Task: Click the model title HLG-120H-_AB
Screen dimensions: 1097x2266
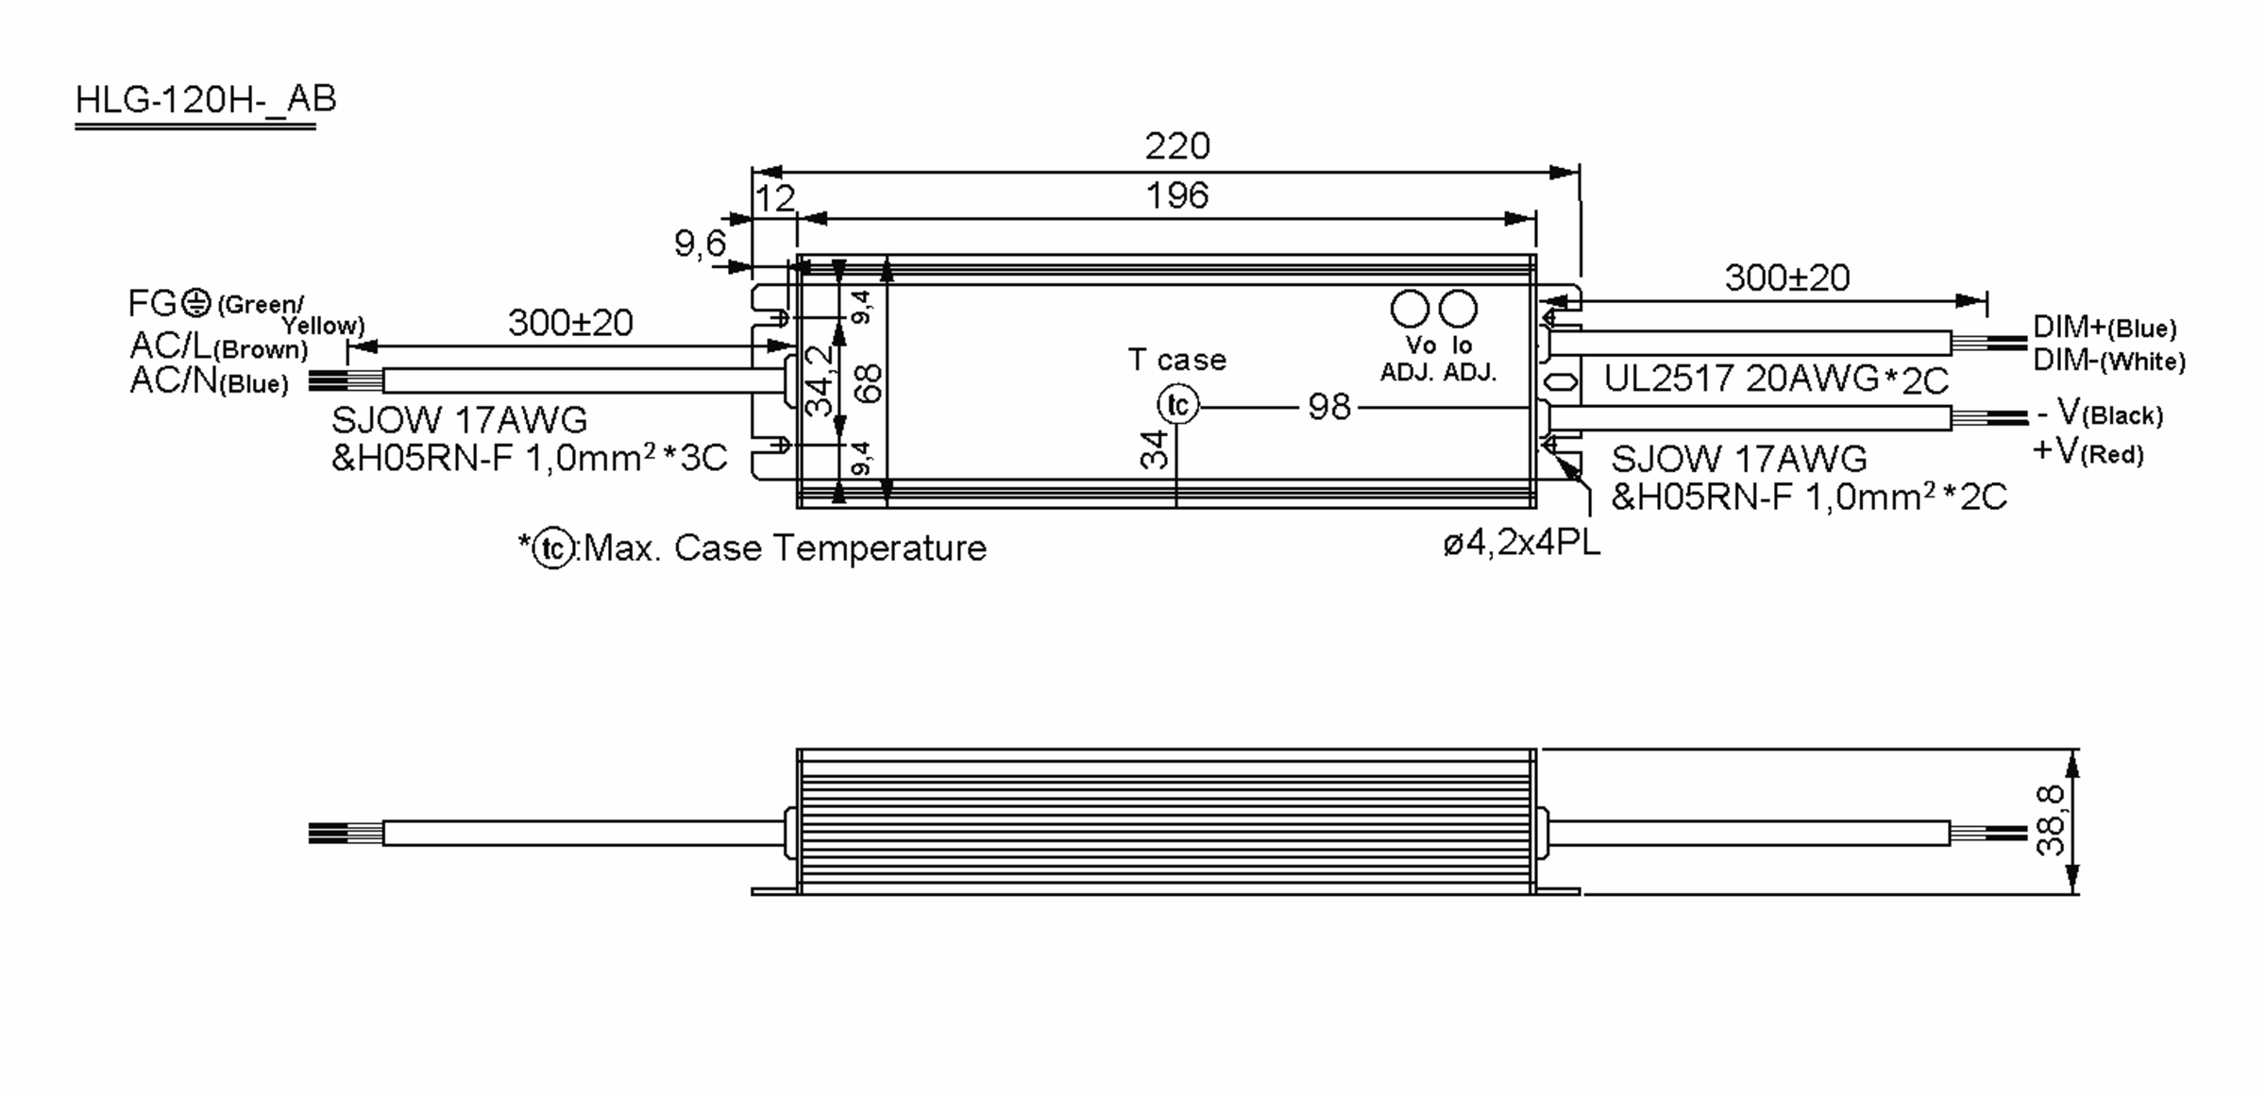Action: pyautogui.click(x=205, y=100)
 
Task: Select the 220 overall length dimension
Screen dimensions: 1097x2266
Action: pyautogui.click(x=1176, y=146)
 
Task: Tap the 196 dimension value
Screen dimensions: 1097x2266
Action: pyautogui.click(x=1176, y=196)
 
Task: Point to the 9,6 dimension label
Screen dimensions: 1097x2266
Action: pyautogui.click(x=700, y=245)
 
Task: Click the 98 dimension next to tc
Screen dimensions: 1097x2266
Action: pyautogui.click(x=1328, y=407)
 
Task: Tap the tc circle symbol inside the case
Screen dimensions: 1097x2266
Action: pyautogui.click(x=1177, y=405)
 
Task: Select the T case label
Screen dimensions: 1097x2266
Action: pyautogui.click(x=1176, y=360)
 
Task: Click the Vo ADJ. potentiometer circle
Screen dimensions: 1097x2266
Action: pyautogui.click(x=1410, y=309)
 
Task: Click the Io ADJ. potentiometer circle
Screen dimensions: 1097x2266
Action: pyautogui.click(x=1458, y=309)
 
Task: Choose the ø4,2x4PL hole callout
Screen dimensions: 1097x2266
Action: pyautogui.click(x=1521, y=544)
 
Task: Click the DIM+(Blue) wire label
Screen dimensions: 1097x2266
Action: pyautogui.click(x=2105, y=328)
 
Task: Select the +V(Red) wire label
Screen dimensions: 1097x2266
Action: pyautogui.click(x=2088, y=452)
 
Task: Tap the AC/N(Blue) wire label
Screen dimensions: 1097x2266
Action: pyautogui.click(x=209, y=381)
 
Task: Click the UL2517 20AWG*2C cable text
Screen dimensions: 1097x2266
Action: pyautogui.click(x=1776, y=380)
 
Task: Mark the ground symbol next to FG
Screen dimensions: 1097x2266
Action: pyautogui.click(x=195, y=303)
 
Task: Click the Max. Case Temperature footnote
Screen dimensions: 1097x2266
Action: pyautogui.click(x=784, y=548)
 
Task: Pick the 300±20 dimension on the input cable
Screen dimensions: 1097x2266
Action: pyautogui.click(x=570, y=324)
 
